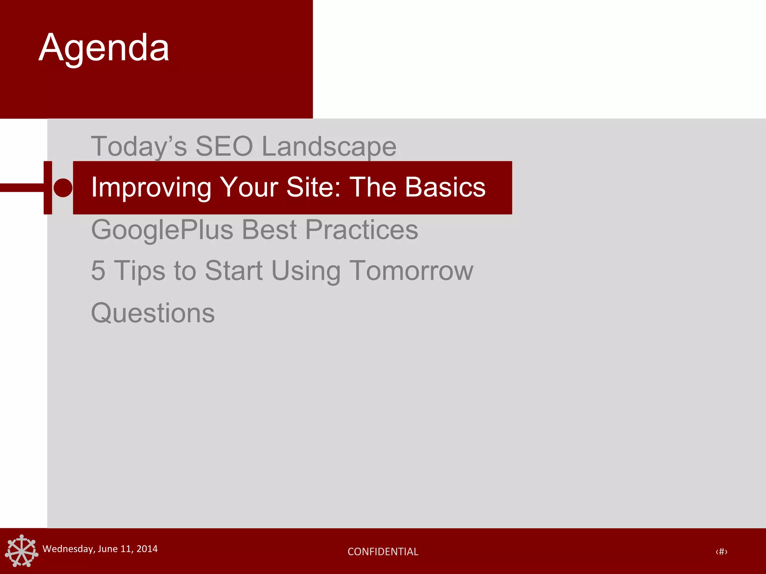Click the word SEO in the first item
pos(224,146)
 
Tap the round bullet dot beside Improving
pos(63,188)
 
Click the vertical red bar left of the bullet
pos(48,188)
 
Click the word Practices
pos(362,230)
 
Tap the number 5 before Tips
pos(98,271)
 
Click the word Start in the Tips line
pos(234,271)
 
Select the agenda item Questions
pos(153,313)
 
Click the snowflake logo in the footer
pos(22,550)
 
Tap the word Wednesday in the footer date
pos(68,549)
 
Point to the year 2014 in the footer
pos(147,549)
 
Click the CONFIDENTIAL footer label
pos(383,552)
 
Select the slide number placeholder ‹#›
pos(721,552)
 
